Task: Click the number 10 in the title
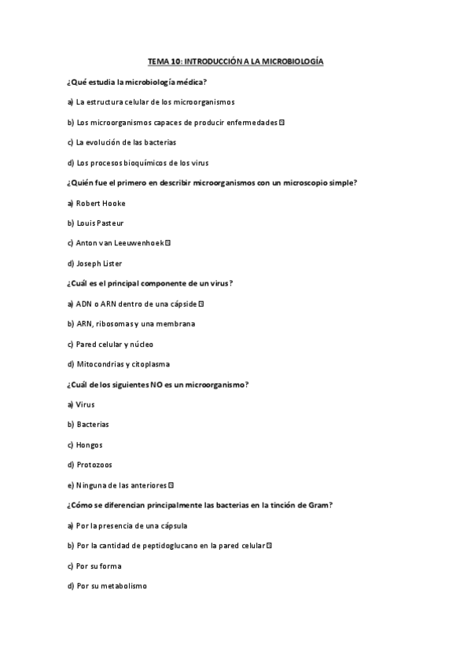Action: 175,61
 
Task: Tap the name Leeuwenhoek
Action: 140,243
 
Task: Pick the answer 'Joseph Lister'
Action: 99,263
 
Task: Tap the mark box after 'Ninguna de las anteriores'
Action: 171,485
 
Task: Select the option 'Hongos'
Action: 89,444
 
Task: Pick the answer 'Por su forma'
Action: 98,566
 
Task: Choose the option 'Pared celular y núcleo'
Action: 114,344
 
